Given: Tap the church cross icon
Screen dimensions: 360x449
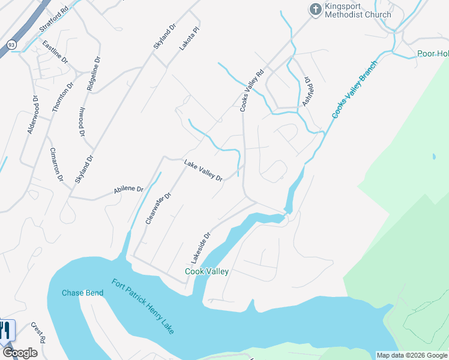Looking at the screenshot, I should (315, 9).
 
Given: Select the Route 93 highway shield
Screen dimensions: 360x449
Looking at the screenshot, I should (11, 45).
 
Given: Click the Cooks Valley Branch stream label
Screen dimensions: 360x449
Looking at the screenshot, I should (355, 89).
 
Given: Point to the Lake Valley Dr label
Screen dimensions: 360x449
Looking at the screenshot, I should (203, 170).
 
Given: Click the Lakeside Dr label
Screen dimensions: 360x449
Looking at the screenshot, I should (200, 248).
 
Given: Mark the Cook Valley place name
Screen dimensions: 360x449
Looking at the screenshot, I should (206, 271).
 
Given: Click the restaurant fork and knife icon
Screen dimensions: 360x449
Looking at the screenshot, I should (6, 331).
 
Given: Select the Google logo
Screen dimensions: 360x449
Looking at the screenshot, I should (20, 352).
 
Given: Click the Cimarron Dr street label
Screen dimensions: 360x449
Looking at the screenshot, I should (56, 164).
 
